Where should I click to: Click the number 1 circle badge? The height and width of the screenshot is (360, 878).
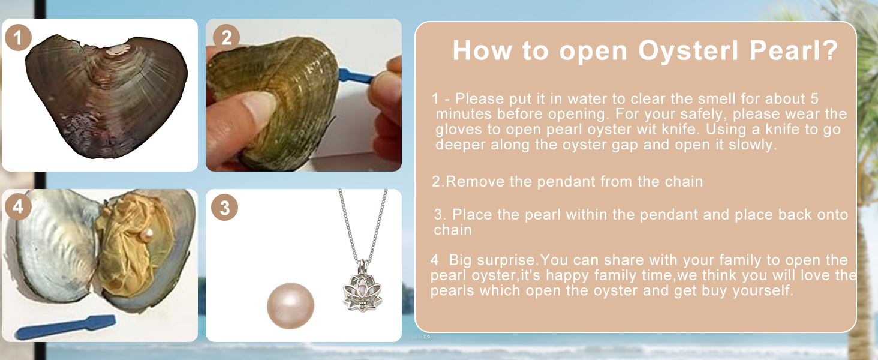click(x=18, y=38)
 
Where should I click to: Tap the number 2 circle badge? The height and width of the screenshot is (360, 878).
click(x=226, y=38)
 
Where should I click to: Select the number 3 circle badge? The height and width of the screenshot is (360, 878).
click(x=224, y=208)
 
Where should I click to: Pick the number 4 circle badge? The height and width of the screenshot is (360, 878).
click(x=18, y=206)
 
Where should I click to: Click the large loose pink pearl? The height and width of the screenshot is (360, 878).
click(x=290, y=306)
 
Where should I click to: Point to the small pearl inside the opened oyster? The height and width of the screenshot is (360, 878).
click(x=147, y=235)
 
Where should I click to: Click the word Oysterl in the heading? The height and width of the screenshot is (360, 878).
click(x=688, y=50)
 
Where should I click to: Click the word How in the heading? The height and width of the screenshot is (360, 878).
click(x=482, y=50)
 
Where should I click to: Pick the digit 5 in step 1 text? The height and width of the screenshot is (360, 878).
click(x=814, y=98)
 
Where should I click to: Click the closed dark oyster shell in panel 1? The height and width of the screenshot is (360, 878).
click(x=105, y=96)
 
